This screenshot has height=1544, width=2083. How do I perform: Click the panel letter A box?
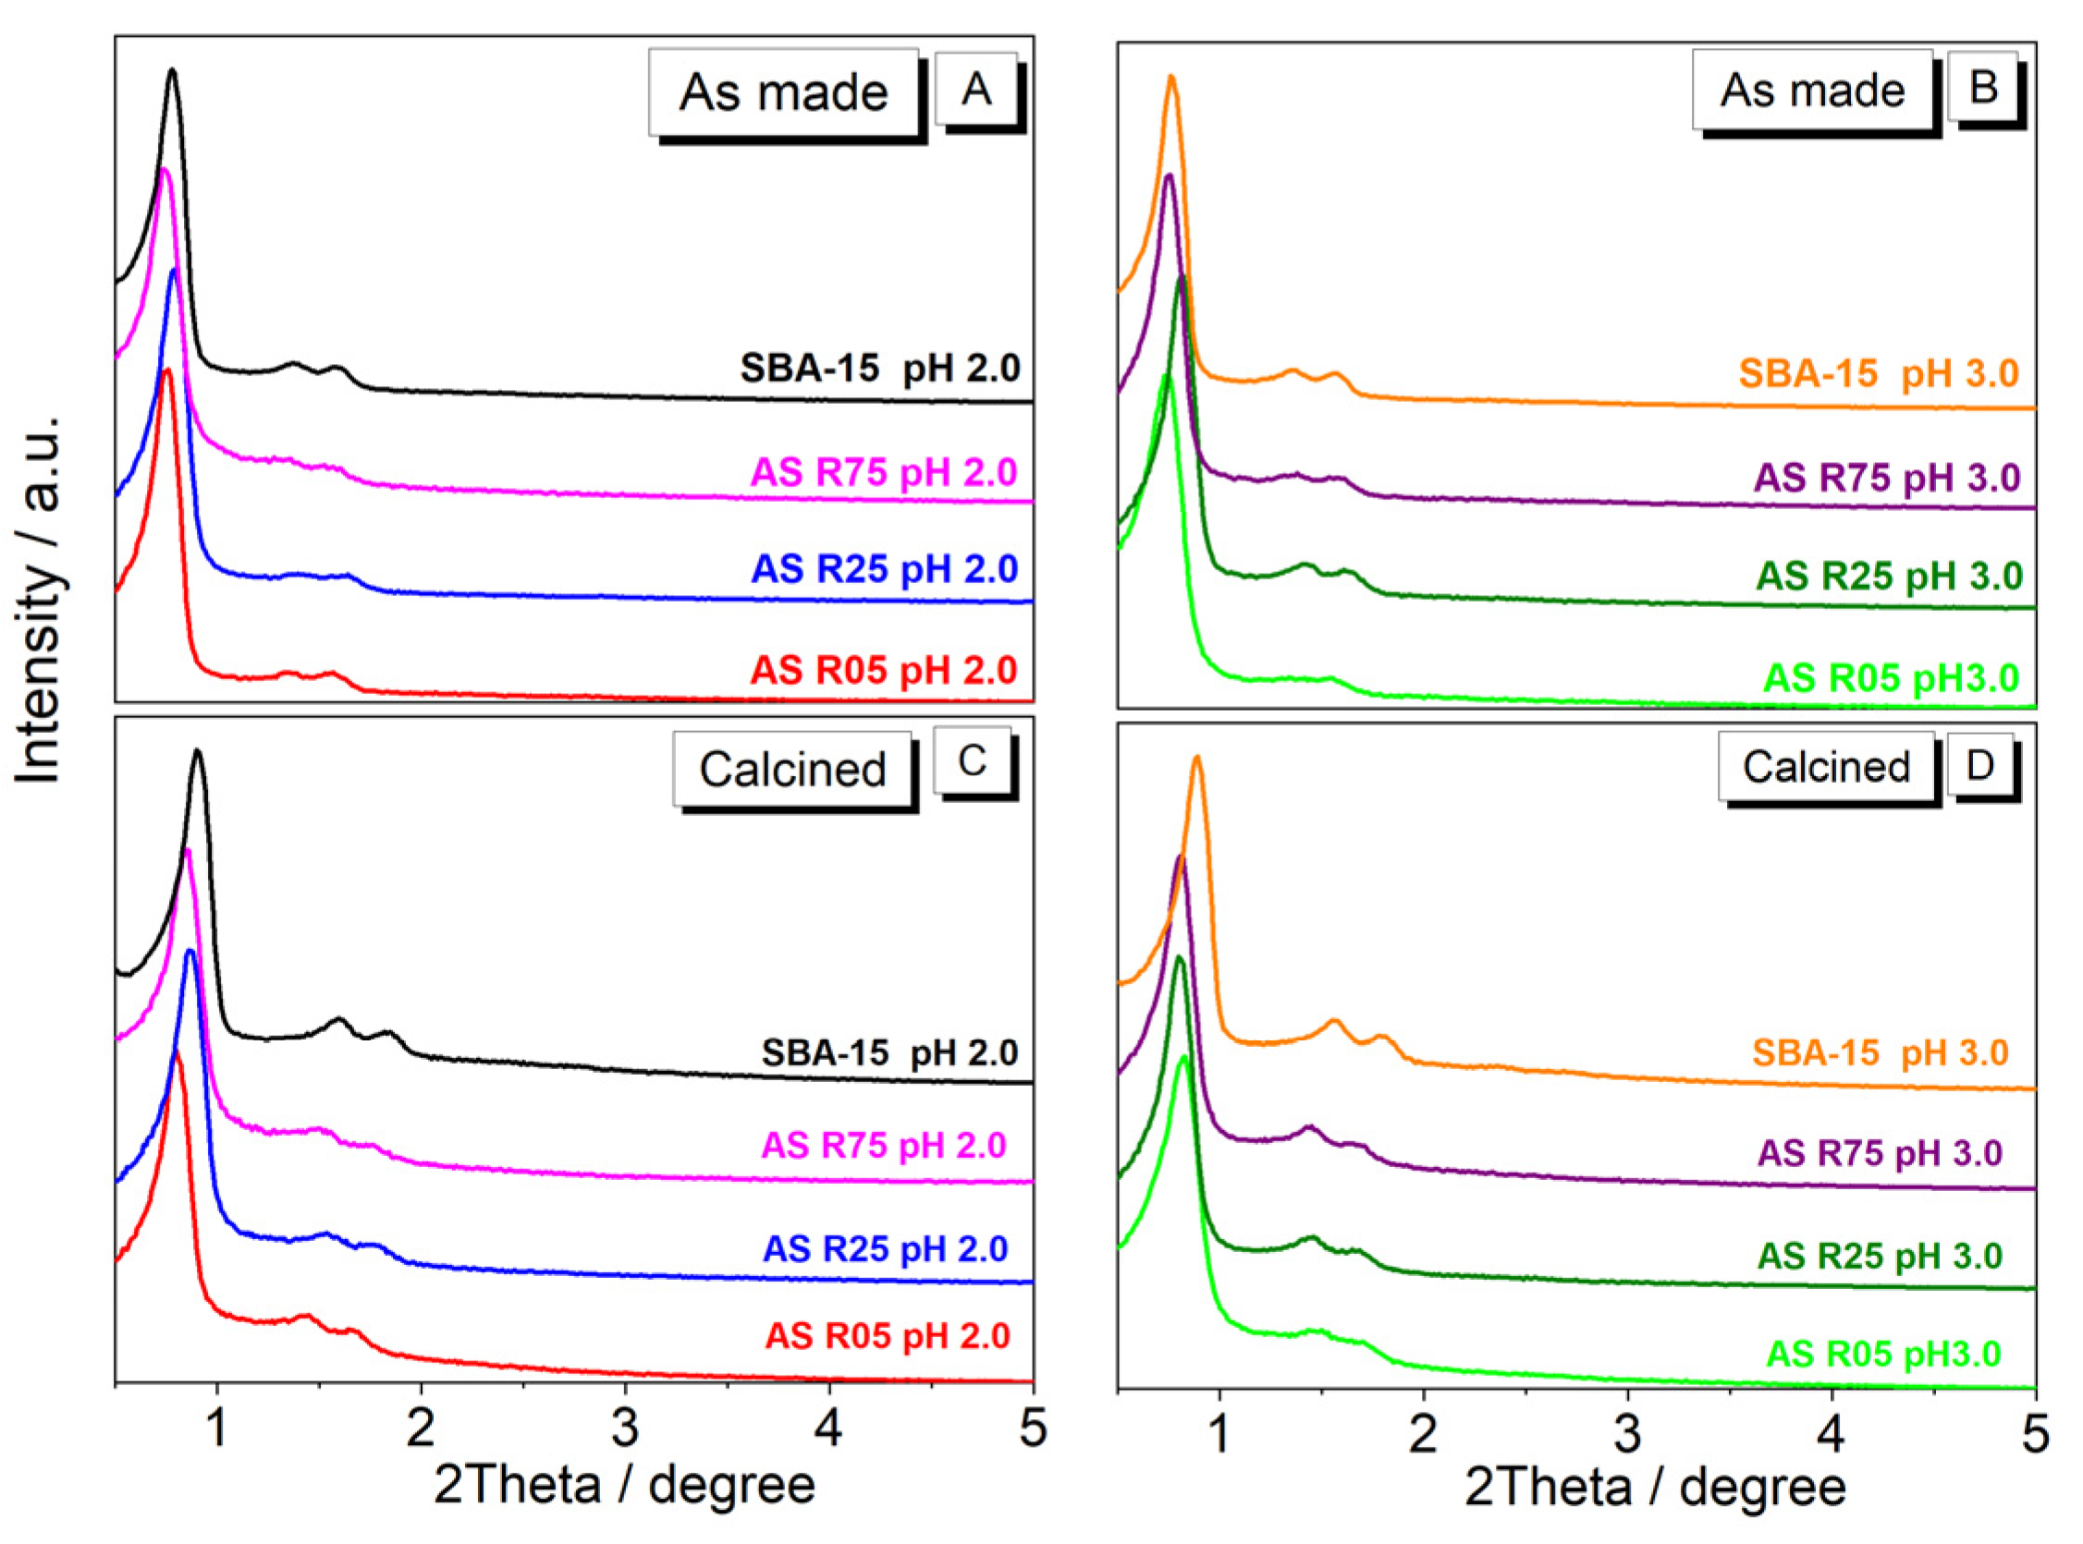pyautogui.click(x=975, y=90)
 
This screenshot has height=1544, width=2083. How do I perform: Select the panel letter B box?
pyautogui.click(x=1982, y=86)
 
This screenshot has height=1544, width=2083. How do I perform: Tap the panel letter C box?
pyautogui.click(x=972, y=760)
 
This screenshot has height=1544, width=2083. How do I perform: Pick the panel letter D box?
pyautogui.click(x=1980, y=764)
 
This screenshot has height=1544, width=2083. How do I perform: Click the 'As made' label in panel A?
pyautogui.click(x=783, y=92)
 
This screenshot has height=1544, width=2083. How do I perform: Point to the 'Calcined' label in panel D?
pyautogui.click(x=1825, y=767)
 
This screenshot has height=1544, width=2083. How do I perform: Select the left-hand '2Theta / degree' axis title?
pyautogui.click(x=624, y=1486)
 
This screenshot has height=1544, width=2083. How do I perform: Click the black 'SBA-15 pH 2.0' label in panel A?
pyautogui.click(x=880, y=369)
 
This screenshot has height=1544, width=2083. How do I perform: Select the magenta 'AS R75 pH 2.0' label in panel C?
pyautogui.click(x=884, y=1145)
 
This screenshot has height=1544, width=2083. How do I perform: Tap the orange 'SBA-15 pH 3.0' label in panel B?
pyautogui.click(x=1879, y=374)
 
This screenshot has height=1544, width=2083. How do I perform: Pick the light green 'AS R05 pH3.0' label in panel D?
pyautogui.click(x=1883, y=1354)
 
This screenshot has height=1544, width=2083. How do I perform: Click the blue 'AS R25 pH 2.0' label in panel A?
pyautogui.click(x=884, y=568)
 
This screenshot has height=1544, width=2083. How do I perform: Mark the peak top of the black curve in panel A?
pyautogui.click(x=171, y=70)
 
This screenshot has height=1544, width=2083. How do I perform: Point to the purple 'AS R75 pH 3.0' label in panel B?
pyautogui.click(x=1887, y=478)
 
